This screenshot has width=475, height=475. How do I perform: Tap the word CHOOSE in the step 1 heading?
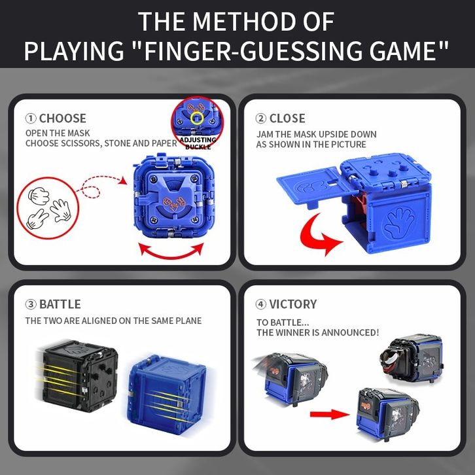[x=63, y=118]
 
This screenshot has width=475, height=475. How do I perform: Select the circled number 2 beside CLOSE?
[x=261, y=118]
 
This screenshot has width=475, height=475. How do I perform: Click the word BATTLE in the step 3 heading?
[x=60, y=304]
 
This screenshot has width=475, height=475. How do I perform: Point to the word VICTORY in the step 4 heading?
[x=293, y=304]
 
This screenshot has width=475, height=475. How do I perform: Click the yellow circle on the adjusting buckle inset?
[x=197, y=118]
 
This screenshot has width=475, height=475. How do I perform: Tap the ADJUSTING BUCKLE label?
[x=198, y=143]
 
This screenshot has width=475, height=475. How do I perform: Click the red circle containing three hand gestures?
[x=48, y=208]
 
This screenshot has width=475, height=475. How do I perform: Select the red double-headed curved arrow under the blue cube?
[x=171, y=256]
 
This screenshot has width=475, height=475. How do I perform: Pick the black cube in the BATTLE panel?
[x=80, y=376]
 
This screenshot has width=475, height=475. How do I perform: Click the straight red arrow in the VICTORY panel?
[x=330, y=414]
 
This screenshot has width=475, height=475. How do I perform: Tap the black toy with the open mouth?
[x=411, y=360]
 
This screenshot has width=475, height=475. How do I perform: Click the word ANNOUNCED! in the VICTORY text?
[x=350, y=332]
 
